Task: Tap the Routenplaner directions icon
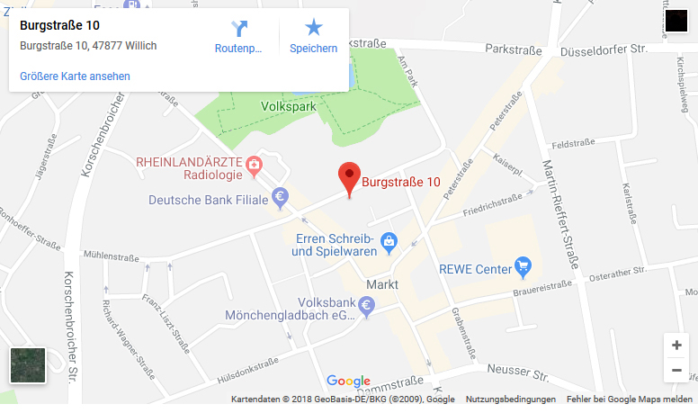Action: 238,29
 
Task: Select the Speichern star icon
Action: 313,29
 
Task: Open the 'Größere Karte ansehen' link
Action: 75,76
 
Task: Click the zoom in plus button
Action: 676,346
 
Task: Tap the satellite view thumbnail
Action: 27,364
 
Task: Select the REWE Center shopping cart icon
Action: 523,266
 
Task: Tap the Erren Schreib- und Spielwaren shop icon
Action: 389,241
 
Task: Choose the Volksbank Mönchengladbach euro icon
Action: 366,307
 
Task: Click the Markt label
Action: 382,284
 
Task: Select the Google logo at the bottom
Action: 348,381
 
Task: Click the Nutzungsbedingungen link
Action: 510,399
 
